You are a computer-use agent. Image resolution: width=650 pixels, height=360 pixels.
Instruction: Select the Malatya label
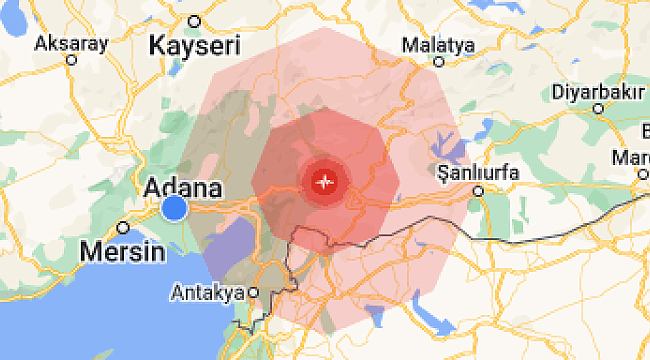[x=437, y=45]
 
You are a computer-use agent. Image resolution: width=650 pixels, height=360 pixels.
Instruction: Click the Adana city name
[x=184, y=187]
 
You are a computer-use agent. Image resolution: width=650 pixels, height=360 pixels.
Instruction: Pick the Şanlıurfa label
[x=479, y=172]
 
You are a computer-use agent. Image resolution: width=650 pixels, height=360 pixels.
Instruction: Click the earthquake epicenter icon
[x=324, y=182]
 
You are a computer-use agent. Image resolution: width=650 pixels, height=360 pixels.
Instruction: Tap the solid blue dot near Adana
[x=174, y=208]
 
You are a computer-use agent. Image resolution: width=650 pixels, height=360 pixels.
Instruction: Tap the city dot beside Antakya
[x=253, y=292]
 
